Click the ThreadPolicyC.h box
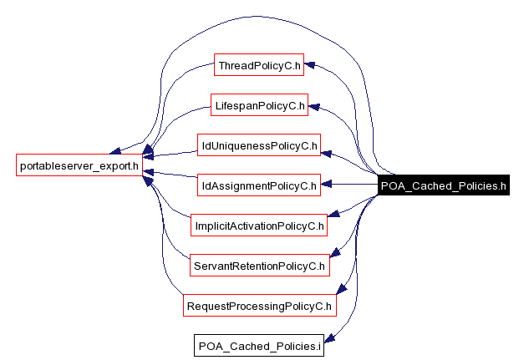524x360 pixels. [259, 65]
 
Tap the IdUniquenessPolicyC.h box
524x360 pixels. [259, 145]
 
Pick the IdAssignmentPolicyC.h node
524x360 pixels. [259, 185]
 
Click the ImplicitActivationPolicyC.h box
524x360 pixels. [259, 226]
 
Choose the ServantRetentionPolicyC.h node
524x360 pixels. [259, 266]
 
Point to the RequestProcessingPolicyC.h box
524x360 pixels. [260, 306]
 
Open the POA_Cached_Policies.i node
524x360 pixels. [259, 346]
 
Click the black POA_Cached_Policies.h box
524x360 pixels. [443, 185]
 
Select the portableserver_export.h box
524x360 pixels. [79, 164]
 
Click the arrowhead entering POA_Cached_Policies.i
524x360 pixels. [328, 339]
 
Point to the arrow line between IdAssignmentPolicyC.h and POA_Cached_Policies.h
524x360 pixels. [351, 184]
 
